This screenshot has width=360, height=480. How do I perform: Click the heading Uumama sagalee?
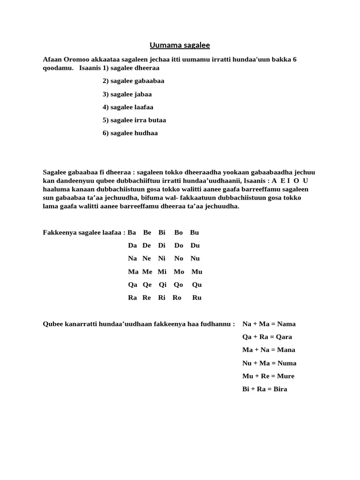pos(180,45)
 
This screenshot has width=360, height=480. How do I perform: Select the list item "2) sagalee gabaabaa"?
pos(133,81)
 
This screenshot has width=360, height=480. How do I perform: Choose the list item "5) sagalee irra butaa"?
pos(134,120)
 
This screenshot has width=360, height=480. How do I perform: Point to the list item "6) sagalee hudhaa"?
pos(130,133)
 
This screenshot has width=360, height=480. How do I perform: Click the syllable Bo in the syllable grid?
pos(179,232)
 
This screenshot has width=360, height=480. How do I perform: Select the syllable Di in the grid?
pos(162,246)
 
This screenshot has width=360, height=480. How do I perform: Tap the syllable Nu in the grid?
pos(195,259)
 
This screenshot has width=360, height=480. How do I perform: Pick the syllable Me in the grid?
pos(147,272)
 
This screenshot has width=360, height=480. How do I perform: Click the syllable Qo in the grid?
pos(178,285)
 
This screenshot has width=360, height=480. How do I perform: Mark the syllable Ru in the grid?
pos(197,298)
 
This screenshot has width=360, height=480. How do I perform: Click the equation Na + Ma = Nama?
pos(269,324)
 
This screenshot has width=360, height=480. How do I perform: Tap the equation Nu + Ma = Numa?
pos(269,363)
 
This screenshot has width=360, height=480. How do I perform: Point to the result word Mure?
pos(286,376)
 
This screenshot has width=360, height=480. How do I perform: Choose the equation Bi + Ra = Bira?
pos(265,389)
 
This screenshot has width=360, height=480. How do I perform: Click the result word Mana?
pos(286,350)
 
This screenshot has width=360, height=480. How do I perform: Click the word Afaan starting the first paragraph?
pos(52,60)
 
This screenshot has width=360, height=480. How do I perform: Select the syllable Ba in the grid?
pos(132,232)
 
